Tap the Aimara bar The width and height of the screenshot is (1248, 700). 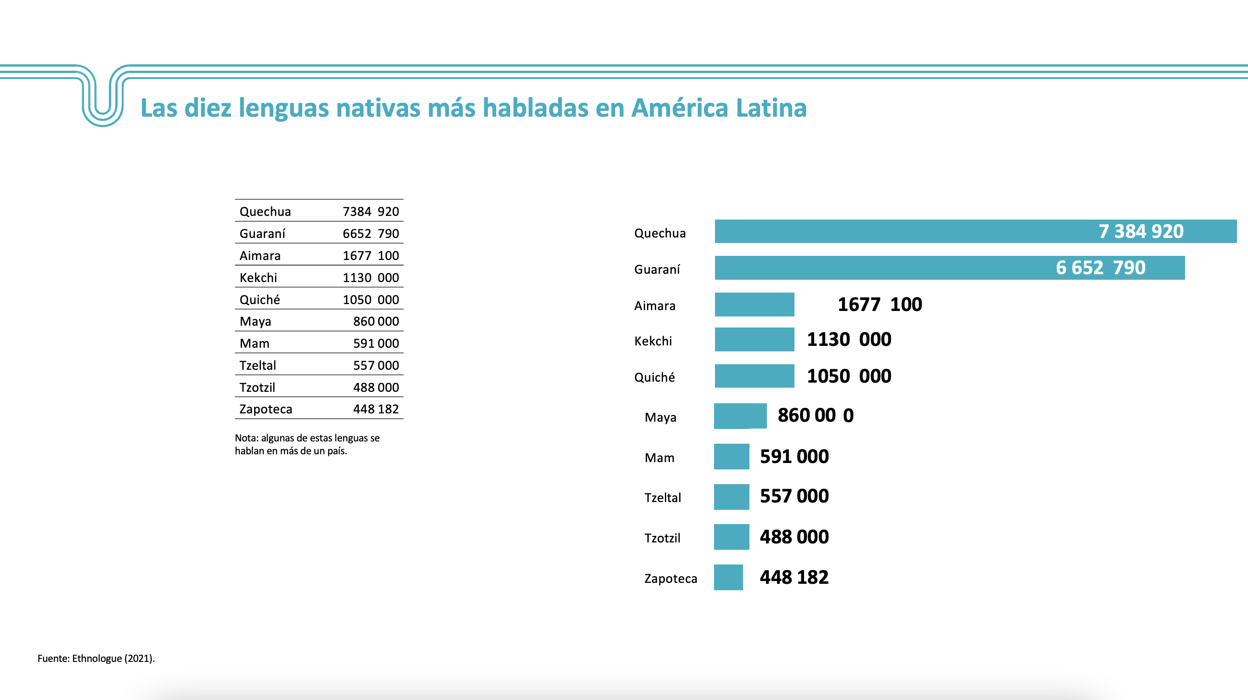coord(754,304)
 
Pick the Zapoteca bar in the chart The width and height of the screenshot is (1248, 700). coord(728,577)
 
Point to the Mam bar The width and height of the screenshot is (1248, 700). coord(732,457)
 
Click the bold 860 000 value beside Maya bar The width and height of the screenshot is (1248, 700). coord(815,415)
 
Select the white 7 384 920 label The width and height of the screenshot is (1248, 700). coord(1140,231)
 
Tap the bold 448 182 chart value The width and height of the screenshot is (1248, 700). coord(794,577)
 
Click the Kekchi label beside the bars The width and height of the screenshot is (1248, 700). coord(653,341)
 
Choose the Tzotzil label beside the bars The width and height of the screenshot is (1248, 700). coord(662,538)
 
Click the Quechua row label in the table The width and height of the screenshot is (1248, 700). coord(265,212)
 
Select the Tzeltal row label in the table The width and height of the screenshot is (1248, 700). coord(258,365)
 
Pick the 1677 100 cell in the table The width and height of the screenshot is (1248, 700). coord(371,256)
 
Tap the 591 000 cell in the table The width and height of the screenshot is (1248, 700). coord(376,344)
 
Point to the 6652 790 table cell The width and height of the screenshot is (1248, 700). coord(371,233)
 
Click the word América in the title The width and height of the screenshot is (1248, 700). coord(680,107)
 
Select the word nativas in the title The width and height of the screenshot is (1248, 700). coord(378,107)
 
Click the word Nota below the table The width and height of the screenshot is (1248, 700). coord(246,438)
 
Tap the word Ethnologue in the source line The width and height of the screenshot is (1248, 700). coord(97,658)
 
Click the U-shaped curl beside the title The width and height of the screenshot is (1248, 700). coord(103,97)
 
